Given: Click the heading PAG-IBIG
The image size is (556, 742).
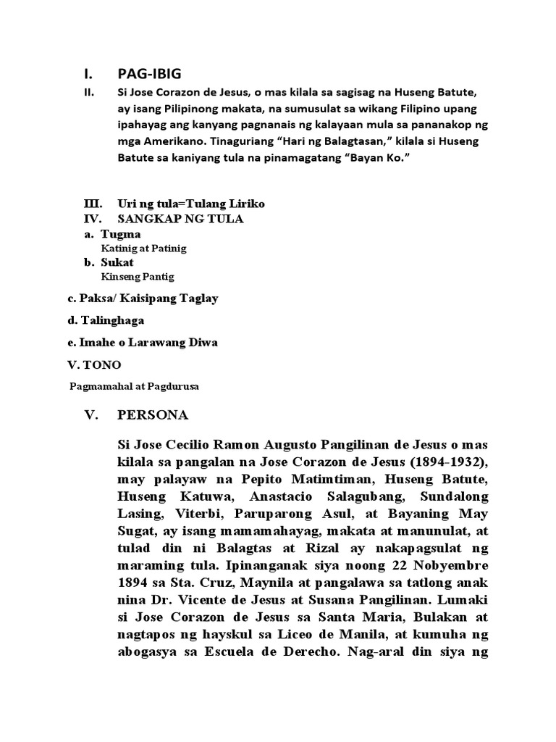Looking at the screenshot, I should [x=149, y=74].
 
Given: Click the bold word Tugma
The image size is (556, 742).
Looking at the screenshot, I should [x=121, y=234].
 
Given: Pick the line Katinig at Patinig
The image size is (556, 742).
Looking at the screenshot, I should [x=143, y=249].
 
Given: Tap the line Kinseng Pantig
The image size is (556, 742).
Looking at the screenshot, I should [x=138, y=277].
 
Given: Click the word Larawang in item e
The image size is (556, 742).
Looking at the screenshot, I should [x=162, y=342].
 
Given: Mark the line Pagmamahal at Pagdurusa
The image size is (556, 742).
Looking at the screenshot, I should [x=134, y=386].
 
